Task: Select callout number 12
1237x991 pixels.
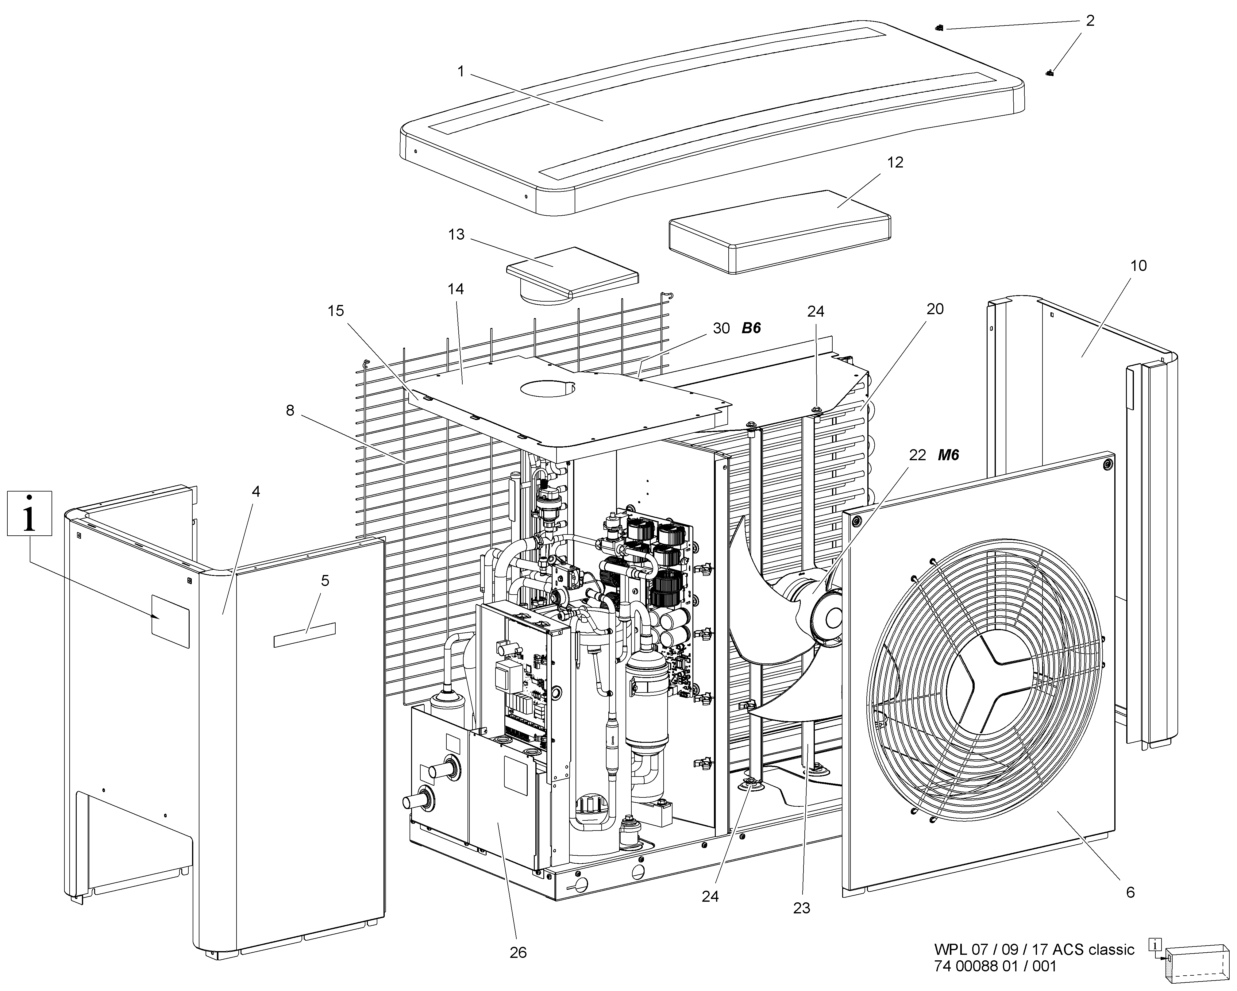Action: [895, 163]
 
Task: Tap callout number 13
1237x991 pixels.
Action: [456, 235]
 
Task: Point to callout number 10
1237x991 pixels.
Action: [1138, 266]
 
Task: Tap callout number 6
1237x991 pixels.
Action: [1130, 892]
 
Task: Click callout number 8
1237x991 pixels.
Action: [290, 410]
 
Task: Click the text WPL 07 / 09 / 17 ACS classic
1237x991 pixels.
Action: [1034, 950]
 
